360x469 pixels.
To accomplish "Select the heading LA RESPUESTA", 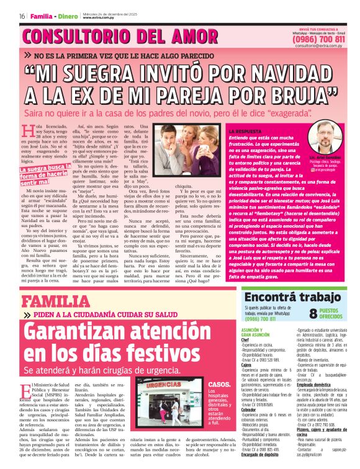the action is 246,132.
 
